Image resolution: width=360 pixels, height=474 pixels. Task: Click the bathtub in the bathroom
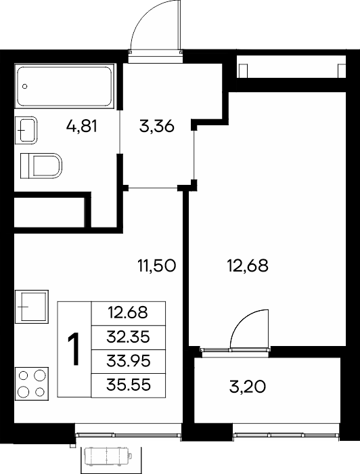click(x=65, y=86)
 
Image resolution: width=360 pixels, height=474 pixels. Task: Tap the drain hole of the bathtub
click(x=25, y=87)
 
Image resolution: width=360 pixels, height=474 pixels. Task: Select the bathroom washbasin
click(x=26, y=130)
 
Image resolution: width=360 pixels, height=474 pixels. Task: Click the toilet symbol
click(x=41, y=166)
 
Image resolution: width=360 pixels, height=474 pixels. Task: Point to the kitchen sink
click(x=32, y=307)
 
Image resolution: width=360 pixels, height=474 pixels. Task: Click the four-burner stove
click(x=32, y=384)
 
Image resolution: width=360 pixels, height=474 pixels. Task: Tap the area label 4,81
click(x=82, y=126)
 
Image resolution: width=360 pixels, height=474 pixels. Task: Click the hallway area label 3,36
click(x=157, y=126)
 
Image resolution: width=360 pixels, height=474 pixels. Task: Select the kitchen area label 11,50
click(x=156, y=266)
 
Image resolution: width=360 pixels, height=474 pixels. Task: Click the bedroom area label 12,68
click(x=248, y=266)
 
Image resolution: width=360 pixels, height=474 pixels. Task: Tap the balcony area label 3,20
click(x=248, y=387)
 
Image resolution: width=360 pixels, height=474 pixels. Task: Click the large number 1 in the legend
click(x=73, y=349)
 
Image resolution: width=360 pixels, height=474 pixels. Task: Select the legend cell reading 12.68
click(x=129, y=313)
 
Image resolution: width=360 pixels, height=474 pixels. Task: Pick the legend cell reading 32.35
click(x=129, y=337)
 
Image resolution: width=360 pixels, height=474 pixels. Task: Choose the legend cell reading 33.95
click(x=129, y=361)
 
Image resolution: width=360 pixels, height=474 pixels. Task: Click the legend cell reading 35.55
click(x=129, y=385)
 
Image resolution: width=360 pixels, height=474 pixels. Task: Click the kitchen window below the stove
click(x=129, y=435)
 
